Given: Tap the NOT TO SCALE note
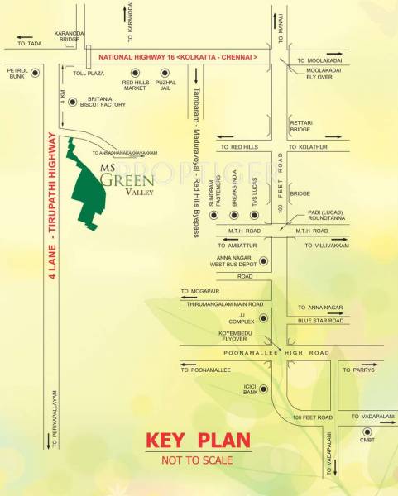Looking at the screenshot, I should point(197,460).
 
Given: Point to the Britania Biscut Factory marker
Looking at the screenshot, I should point(74,102).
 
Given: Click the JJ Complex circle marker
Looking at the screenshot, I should point(263,318).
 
